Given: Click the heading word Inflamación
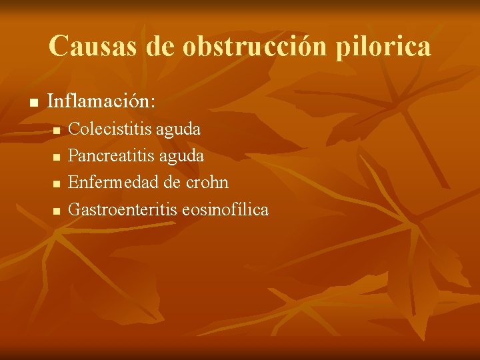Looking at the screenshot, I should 99,102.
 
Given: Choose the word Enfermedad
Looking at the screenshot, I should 111,182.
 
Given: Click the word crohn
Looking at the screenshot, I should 206,182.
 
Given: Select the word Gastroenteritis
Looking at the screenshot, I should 123,209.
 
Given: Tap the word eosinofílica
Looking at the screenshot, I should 225,209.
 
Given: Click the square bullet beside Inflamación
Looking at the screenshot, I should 32,103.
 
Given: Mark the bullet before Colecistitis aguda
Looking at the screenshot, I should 57,129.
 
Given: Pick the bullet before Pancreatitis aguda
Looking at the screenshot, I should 57,157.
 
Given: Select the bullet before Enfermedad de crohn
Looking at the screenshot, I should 57,183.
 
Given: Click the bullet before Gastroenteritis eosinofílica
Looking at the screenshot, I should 57,211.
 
